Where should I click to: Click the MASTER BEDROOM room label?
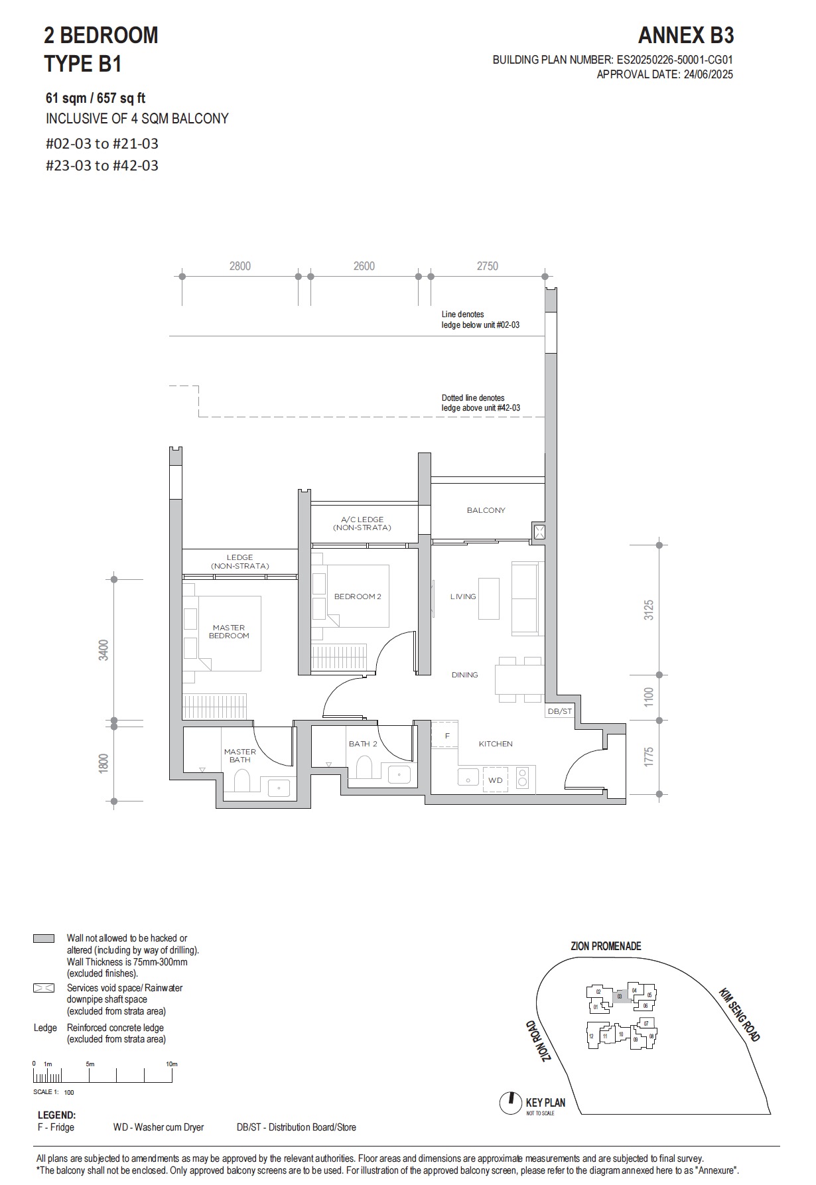tap(229, 631)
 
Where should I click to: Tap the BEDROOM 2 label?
tap(358, 596)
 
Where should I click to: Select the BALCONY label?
tap(486, 510)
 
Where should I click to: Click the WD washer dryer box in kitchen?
tap(496, 780)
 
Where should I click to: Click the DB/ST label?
tap(559, 711)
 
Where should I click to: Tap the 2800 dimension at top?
tap(239, 266)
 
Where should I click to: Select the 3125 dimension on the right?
tap(649, 610)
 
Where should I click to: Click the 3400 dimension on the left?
tap(103, 650)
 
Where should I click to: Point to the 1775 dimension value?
tap(649, 757)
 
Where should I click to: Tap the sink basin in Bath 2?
tap(399, 774)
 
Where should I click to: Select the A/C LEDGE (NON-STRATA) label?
tap(362, 523)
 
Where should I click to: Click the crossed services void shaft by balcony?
tap(539, 532)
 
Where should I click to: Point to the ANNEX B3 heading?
tap(686, 35)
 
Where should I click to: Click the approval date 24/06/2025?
tap(707, 74)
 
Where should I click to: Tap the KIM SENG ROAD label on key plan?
tap(739, 1014)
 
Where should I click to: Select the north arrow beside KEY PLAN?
tap(510, 1103)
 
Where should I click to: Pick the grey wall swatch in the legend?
tap(44, 939)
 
